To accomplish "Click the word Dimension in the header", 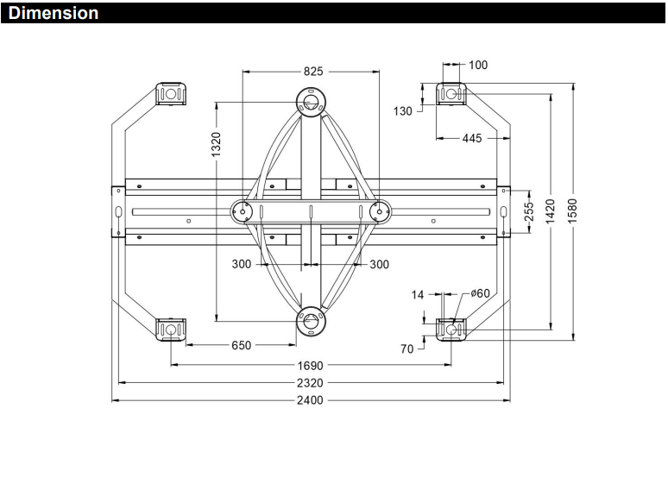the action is (x=54, y=13).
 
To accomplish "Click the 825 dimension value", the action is (x=313, y=72).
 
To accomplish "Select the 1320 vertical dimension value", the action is (x=217, y=144).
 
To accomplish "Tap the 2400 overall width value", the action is (x=310, y=400).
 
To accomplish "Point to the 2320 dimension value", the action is (x=310, y=383).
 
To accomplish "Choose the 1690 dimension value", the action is (x=310, y=366).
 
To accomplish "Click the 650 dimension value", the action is (x=241, y=345).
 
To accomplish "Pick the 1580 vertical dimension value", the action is (x=572, y=211).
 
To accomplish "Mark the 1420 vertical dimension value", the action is (x=550, y=211).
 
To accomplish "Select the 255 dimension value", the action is (x=528, y=211).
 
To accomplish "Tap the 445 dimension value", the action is (x=472, y=138).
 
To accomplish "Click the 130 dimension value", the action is (x=402, y=111).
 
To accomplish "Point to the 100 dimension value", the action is (x=478, y=66).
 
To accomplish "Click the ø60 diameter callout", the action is (x=480, y=293).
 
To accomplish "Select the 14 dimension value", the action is (x=418, y=294).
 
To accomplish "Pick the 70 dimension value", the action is (x=406, y=349).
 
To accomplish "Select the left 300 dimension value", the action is (x=241, y=264).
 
